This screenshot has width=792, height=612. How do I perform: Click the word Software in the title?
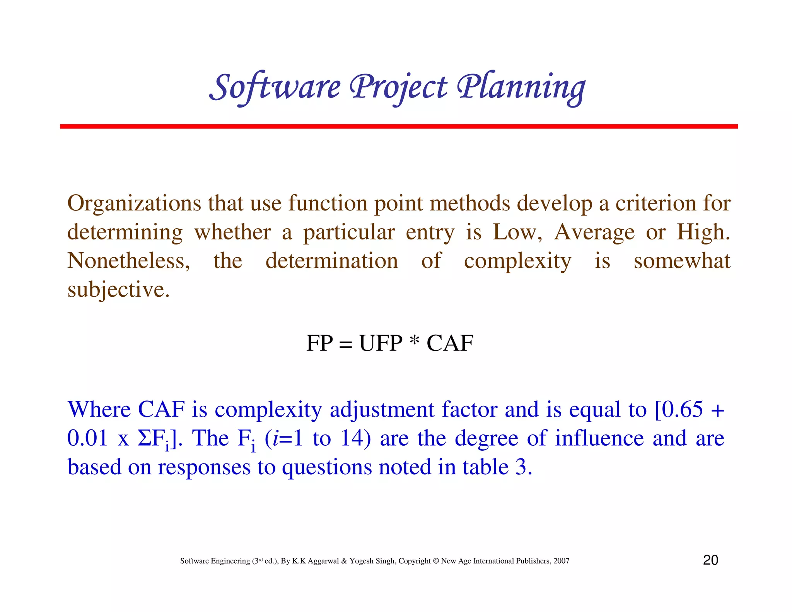(x=276, y=87)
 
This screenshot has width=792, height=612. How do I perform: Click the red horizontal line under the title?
(x=398, y=127)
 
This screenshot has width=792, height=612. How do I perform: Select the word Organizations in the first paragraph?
(x=134, y=203)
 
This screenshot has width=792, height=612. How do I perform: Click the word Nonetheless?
(x=128, y=261)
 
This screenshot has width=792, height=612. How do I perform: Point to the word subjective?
(x=118, y=290)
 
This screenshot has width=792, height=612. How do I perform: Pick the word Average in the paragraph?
(x=594, y=232)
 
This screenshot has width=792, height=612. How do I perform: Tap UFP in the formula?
(x=381, y=343)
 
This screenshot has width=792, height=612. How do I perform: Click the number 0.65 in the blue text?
(x=682, y=410)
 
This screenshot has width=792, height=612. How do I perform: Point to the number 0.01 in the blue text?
(x=87, y=439)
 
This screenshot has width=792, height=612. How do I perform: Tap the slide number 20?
(x=710, y=560)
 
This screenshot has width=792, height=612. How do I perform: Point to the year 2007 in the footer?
(x=561, y=561)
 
